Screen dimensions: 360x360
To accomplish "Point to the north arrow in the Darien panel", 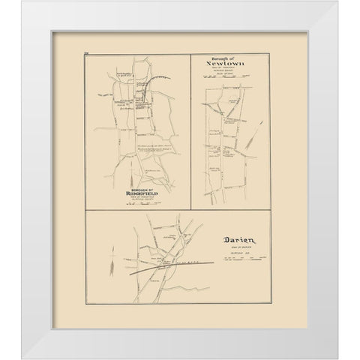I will click(x=110, y=265).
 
